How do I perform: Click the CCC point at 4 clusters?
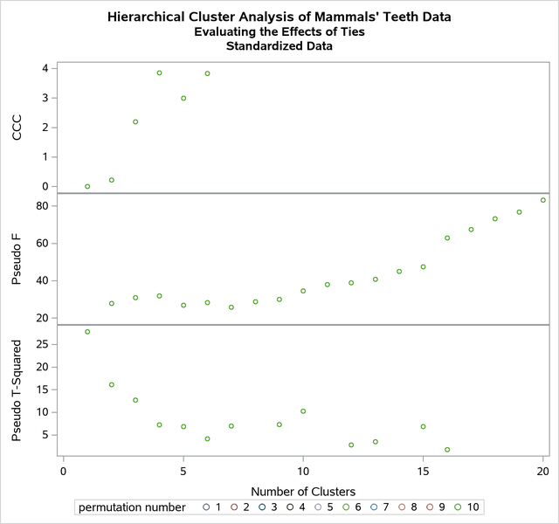pos(159,72)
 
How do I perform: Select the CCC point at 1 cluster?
pos(87,186)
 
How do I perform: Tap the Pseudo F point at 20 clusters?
pos(543,200)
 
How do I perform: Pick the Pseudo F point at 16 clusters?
pos(447,238)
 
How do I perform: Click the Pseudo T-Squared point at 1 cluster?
pos(87,332)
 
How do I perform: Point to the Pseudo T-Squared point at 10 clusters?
pos(303,411)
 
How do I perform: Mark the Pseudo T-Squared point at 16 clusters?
pos(447,450)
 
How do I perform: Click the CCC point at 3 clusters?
pos(135,121)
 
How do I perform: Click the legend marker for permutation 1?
pos(206,507)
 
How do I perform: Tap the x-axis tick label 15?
pos(423,472)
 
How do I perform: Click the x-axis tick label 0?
pos(63,472)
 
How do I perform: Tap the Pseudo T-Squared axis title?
pos(17,390)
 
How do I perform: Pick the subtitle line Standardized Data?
pos(279,46)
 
